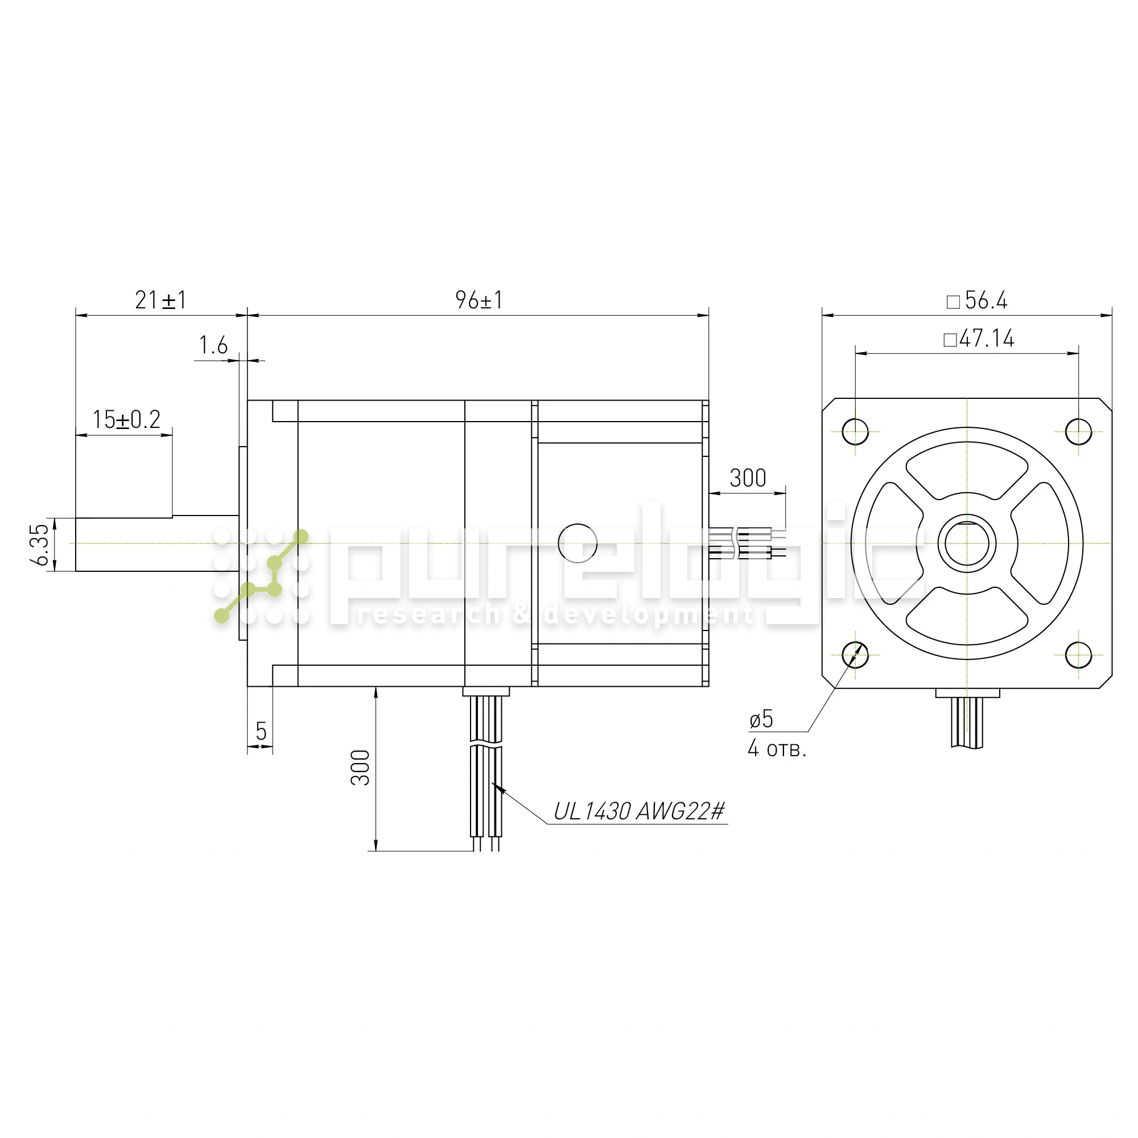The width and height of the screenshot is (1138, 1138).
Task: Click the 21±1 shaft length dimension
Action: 161,300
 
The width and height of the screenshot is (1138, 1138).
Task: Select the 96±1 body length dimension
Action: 479,300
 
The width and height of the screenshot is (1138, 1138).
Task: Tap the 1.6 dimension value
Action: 213,345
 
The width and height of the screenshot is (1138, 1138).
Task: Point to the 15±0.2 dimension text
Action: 127,419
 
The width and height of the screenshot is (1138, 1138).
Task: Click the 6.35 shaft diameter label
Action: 39,545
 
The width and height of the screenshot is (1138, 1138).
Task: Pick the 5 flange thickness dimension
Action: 261,732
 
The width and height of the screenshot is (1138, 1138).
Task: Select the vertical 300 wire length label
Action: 360,768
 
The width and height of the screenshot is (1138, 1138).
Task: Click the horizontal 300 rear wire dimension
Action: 748,479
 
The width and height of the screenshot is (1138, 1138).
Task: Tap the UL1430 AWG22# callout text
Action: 639,812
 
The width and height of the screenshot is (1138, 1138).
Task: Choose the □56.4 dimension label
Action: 977,301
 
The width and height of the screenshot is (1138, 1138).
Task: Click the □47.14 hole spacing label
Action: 979,339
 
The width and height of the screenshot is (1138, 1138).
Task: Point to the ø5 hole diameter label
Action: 761,719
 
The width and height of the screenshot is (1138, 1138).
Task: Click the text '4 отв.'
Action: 777,748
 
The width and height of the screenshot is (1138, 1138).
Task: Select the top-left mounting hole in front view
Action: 855,432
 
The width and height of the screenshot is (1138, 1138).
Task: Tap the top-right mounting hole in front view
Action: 1078,432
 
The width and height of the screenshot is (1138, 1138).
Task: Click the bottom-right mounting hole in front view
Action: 1078,654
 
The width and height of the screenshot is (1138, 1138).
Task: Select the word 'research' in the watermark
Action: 428,615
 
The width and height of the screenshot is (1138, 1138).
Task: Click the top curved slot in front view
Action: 967,470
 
